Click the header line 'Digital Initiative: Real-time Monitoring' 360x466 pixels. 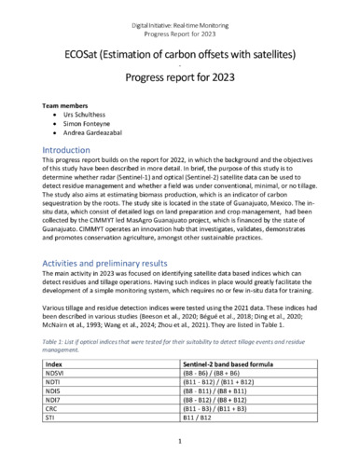179,10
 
